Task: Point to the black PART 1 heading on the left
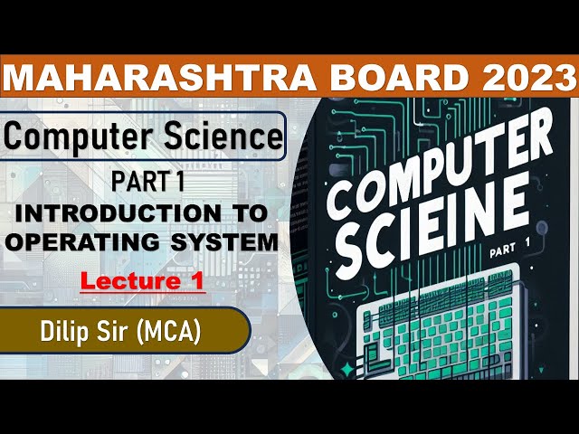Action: (148, 182)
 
